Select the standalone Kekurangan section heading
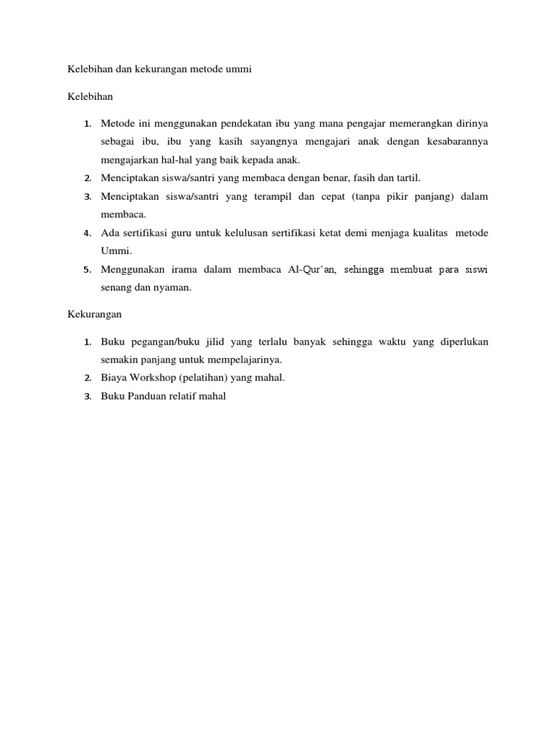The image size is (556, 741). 95,314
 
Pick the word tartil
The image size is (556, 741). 406,178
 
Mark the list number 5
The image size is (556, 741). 87,270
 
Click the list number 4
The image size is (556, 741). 87,233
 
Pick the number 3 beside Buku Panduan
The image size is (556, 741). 87,396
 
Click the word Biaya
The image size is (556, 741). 113,378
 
